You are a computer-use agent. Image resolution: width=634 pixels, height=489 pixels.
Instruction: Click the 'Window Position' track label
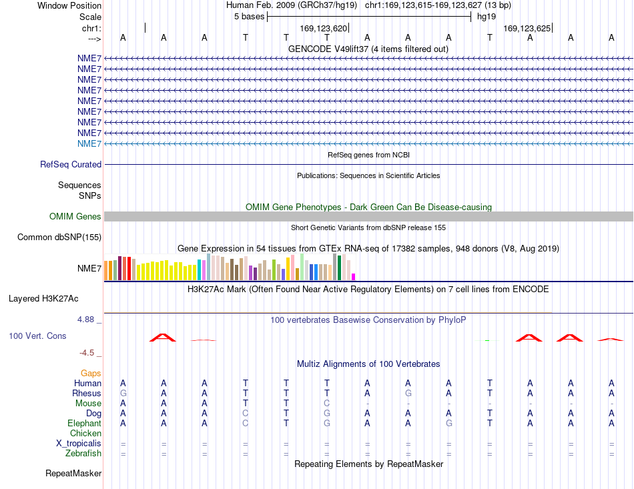coord(69,5)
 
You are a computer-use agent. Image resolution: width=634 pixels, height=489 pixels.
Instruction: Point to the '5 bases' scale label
coord(249,17)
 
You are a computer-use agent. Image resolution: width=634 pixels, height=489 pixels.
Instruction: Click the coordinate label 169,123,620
coord(324,28)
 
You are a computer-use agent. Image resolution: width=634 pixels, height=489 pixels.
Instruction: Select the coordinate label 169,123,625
coord(527,28)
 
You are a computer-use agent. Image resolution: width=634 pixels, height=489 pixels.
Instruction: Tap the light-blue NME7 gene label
coord(89,144)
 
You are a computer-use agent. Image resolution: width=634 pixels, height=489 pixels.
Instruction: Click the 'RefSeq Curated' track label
coord(71,165)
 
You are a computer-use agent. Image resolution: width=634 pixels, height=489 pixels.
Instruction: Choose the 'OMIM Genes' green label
coord(75,217)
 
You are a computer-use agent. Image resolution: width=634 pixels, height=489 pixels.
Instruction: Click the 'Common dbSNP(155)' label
coord(59,237)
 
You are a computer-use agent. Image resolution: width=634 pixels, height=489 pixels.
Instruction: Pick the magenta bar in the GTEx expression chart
coord(354,277)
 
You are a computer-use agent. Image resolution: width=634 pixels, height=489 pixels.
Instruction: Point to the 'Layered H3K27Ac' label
coord(43,299)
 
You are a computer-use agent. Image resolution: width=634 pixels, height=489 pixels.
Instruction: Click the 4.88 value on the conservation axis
coord(85,320)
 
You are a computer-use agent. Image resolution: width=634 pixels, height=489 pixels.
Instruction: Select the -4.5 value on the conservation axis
coord(87,353)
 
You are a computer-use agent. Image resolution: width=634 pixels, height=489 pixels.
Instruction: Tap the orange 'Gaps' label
coord(91,374)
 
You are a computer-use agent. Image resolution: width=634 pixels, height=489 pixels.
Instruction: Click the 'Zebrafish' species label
coord(83,454)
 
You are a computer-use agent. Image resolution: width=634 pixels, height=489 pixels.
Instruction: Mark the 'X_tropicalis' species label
coord(79,444)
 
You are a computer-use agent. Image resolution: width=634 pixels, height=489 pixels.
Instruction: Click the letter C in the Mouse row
coord(327,404)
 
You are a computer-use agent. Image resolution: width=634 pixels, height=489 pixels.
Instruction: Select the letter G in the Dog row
coord(327,414)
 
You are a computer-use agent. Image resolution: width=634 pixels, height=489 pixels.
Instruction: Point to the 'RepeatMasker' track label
coord(73,473)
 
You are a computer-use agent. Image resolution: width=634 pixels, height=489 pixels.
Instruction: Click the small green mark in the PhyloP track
coord(487,341)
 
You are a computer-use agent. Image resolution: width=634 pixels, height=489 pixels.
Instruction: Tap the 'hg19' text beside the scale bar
coord(487,17)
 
